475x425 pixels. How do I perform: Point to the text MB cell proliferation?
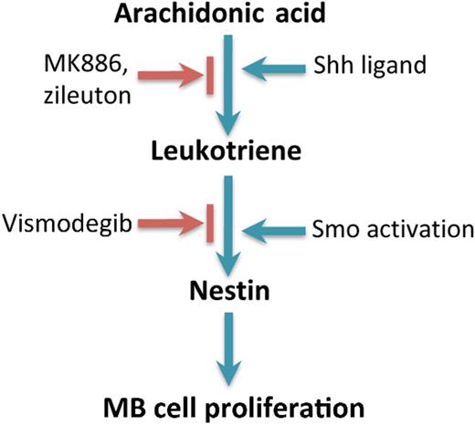pyautogui.click(x=237, y=402)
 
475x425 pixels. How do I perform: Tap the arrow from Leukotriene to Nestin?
pyautogui.click(x=236, y=228)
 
